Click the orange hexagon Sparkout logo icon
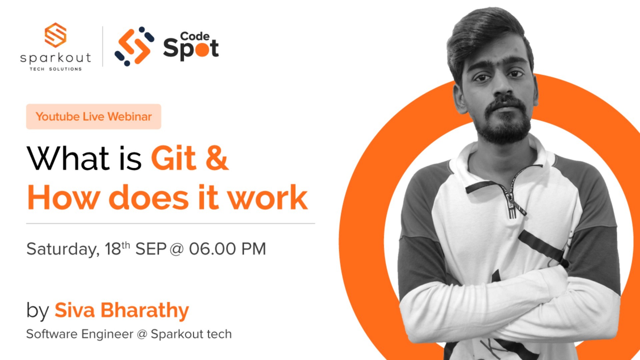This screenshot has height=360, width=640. [x=55, y=35]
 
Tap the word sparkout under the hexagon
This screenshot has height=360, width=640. [x=55, y=58]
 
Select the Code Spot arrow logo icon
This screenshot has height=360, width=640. [x=134, y=46]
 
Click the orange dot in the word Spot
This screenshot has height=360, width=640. [x=202, y=49]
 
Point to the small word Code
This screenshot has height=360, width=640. [x=195, y=36]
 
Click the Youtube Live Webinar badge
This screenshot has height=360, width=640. [x=94, y=117]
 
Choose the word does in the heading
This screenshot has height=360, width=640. [x=149, y=198]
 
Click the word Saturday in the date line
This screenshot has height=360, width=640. [x=63, y=249]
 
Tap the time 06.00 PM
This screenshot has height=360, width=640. [x=227, y=249]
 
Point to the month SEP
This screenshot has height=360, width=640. [x=151, y=249]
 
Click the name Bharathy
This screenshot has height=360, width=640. [x=145, y=311]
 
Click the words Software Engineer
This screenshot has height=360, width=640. [x=80, y=334]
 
